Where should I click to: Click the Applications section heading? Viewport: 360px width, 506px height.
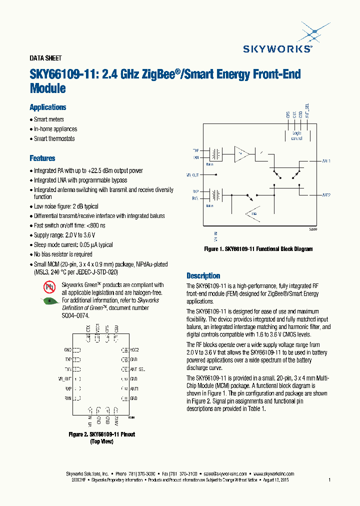click(47, 107)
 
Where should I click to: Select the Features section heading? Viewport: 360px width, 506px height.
click(42, 158)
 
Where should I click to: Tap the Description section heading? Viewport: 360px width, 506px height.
click(203, 275)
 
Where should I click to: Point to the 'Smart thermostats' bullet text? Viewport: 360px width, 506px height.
click(54, 138)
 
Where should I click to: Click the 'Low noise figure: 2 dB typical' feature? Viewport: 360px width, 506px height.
click(66, 206)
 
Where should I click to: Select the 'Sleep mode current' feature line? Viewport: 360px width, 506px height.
click(73, 244)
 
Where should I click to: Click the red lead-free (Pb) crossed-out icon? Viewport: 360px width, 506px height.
click(49, 287)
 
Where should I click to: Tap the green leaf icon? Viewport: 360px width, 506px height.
click(49, 301)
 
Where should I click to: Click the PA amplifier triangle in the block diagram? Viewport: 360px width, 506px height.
click(242, 153)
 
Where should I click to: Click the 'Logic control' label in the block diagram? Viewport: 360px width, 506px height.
click(296, 135)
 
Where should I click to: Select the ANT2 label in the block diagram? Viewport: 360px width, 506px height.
click(325, 195)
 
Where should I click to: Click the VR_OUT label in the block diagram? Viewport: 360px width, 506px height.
click(192, 175)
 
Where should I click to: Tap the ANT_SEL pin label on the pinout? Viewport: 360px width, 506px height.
click(137, 369)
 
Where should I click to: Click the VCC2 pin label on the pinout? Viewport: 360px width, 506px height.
click(134, 350)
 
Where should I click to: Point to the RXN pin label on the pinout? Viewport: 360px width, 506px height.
click(67, 398)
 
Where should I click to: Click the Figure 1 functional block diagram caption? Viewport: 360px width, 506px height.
click(258, 248)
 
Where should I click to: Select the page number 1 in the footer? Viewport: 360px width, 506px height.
click(329, 480)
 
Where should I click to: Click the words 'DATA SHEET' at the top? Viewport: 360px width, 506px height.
click(45, 58)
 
